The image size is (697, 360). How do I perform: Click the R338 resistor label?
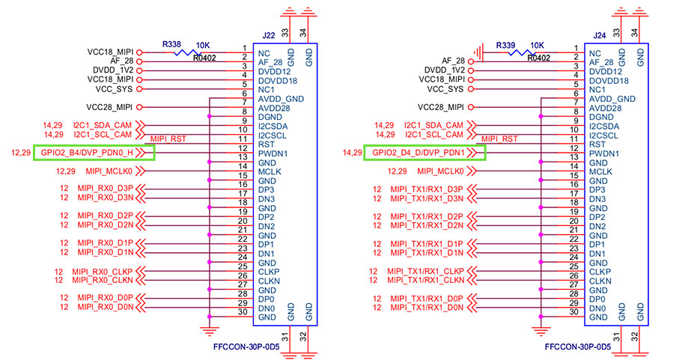coord(172,45)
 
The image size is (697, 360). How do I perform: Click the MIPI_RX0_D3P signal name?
coord(104,188)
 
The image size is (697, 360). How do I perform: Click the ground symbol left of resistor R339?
coord(485,50)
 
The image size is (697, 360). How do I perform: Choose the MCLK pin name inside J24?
coord(600,171)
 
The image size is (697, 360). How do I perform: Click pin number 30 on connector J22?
coord(243,312)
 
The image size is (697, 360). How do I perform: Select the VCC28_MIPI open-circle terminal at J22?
coord(139,106)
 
